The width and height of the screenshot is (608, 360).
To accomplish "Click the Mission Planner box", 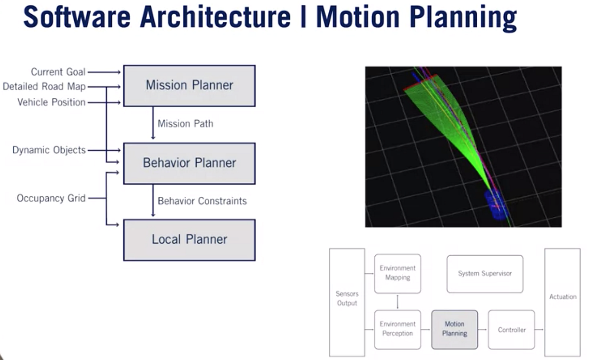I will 189,86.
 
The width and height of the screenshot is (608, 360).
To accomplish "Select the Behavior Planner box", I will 189,163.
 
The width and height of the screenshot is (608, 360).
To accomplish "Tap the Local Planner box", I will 189,240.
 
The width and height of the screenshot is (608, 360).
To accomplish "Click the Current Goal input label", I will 58,72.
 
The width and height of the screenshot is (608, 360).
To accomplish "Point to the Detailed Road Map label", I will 44,87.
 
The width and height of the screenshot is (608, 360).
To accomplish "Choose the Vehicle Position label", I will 51,102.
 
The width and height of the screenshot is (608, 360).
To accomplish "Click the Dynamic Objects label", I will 49,150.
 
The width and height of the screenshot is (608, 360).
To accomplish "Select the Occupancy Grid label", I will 51,198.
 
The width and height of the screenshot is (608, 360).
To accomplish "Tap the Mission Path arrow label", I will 185,124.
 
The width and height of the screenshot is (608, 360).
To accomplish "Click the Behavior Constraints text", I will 202,201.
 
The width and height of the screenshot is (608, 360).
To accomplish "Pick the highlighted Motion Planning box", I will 454,329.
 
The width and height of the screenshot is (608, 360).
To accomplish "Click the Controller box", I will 511,330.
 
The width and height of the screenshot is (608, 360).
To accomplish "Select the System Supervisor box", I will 485,274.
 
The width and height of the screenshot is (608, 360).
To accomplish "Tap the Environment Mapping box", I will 397,273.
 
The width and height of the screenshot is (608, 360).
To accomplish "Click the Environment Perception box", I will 397,329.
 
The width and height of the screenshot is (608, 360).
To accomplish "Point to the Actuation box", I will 562,297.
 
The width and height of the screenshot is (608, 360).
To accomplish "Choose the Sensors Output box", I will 347,299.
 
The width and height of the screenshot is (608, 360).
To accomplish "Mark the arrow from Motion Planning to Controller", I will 482,330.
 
